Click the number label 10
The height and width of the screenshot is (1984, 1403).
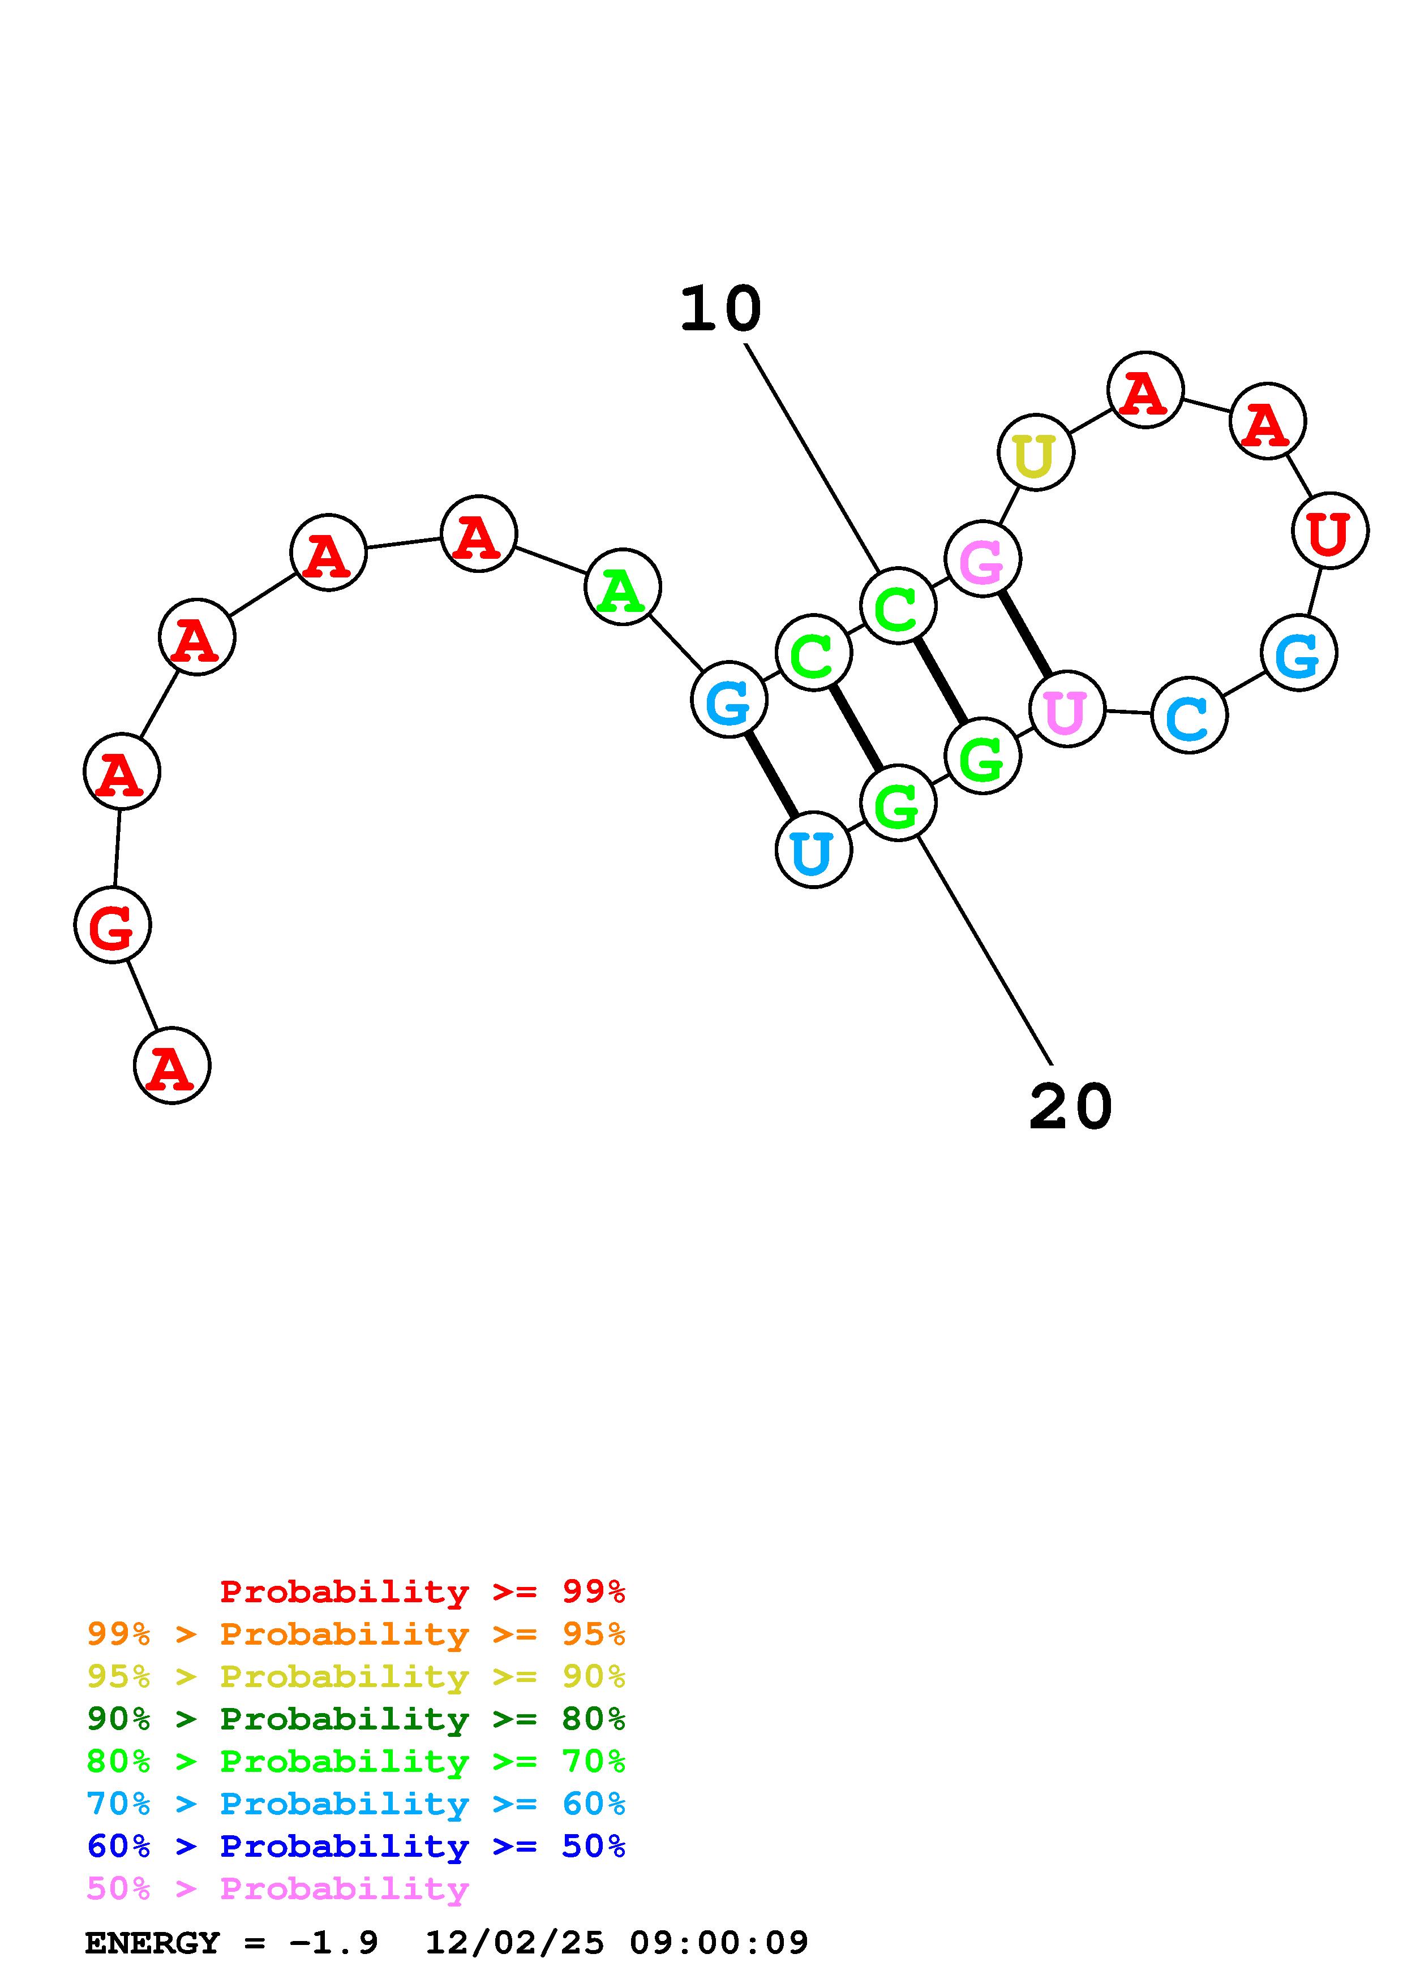(720, 309)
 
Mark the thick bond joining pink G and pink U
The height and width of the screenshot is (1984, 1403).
(1026, 634)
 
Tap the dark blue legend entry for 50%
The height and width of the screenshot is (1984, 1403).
(355, 1847)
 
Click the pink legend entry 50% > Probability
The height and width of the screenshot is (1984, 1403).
(277, 1889)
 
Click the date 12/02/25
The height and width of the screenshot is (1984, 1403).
(514, 1943)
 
